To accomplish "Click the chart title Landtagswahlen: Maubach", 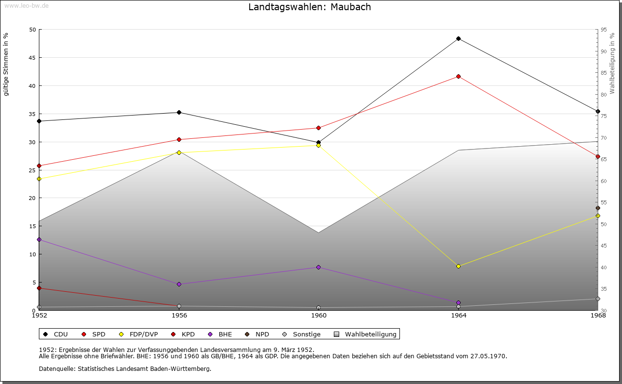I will (310, 7).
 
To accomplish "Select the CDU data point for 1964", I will (458, 39).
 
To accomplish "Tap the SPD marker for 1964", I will (458, 76).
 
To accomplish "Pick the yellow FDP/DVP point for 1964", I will (458, 266).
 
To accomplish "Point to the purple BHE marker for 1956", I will (179, 284).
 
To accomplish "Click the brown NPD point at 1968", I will (598, 208).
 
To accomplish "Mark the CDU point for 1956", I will (179, 112).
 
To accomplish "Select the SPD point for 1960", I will (318, 128).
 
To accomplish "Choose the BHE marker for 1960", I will (318, 267).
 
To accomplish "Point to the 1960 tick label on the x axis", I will (319, 316).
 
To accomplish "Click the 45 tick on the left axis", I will (32, 58).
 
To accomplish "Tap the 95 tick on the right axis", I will (604, 30).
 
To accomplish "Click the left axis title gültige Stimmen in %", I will (6, 64).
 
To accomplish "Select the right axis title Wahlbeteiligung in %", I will (612, 64).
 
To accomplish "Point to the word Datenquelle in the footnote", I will (56, 369).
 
